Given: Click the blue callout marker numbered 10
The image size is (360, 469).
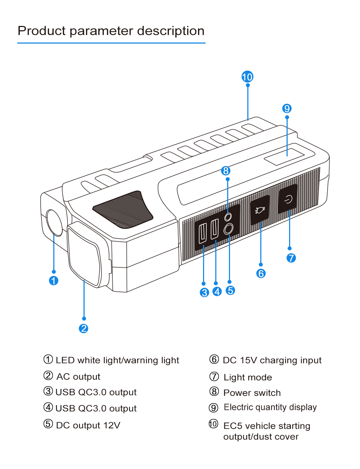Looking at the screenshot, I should click(x=247, y=77).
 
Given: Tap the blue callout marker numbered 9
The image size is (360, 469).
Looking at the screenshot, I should click(x=287, y=108).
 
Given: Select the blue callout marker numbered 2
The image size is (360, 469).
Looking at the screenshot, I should click(x=84, y=329).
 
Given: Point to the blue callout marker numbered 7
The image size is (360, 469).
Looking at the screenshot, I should click(x=291, y=258).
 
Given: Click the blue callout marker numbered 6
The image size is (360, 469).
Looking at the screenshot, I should click(x=261, y=274).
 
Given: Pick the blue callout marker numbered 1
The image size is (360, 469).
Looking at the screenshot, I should click(x=54, y=281).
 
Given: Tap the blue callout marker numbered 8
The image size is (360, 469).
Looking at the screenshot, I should click(x=226, y=171).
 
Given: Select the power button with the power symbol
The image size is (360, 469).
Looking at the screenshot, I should click(x=288, y=199).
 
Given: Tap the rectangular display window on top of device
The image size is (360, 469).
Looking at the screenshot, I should click(x=285, y=156).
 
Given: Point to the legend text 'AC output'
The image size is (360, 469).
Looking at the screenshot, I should click(x=78, y=377).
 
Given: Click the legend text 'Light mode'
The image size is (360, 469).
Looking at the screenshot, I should click(x=248, y=378).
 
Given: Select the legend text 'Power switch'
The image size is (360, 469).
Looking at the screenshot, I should click(x=252, y=393).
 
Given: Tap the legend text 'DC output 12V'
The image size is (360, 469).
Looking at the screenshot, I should click(x=88, y=425).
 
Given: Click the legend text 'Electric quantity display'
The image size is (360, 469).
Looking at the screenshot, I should click(x=270, y=407).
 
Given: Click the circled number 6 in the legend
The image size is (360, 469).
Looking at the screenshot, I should click(x=214, y=359).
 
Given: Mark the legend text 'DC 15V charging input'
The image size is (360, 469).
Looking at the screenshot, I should click(x=272, y=361).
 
